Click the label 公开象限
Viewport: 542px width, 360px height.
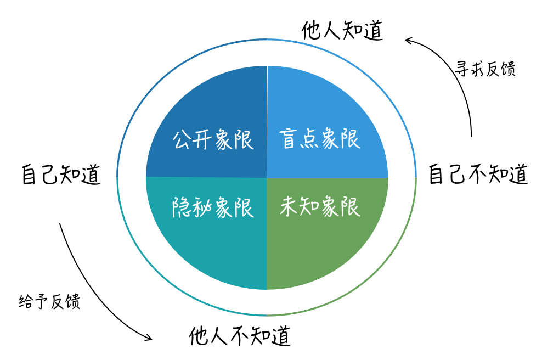[x=213, y=139]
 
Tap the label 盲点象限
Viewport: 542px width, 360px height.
[x=319, y=139]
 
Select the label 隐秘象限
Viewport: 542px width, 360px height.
[x=213, y=207]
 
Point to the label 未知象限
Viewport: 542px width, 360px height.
[x=319, y=207]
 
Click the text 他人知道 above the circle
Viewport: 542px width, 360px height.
[x=342, y=31]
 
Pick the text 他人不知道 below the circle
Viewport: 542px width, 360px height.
[x=240, y=335]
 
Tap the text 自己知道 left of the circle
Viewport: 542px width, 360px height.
[x=61, y=175]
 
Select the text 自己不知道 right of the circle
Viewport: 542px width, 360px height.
[x=478, y=175]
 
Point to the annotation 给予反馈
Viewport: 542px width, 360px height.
[x=49, y=301]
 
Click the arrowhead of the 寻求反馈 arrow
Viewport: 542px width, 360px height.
[x=408, y=40]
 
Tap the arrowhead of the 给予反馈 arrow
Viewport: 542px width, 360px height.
[x=149, y=339]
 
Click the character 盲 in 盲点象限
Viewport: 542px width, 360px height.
[x=289, y=139]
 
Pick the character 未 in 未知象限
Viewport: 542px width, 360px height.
[x=289, y=207]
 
